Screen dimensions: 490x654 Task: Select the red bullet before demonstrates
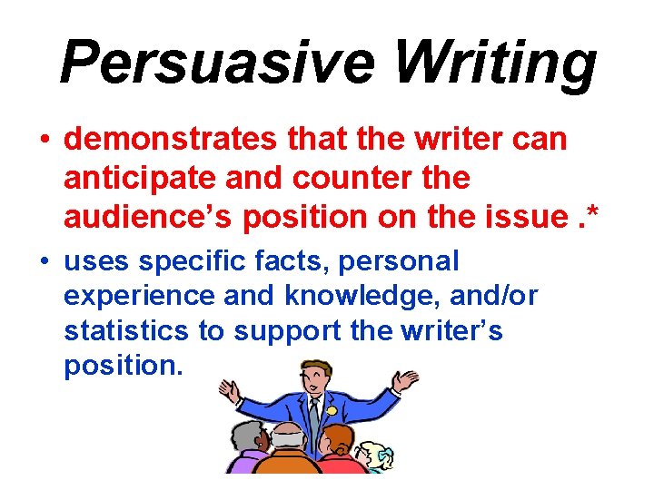tap(44, 142)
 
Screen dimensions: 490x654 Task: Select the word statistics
tap(126, 331)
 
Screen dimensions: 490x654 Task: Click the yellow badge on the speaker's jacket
tap(332, 410)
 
